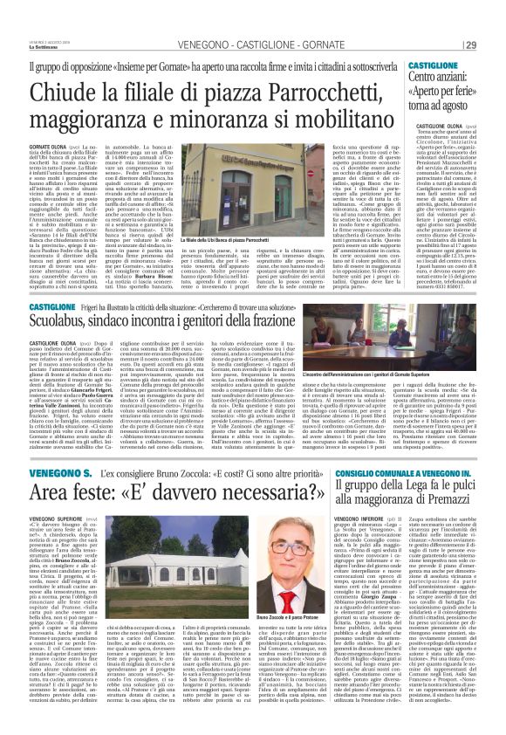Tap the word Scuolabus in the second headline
pos(69,298)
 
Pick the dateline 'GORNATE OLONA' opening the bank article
pos(49,136)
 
